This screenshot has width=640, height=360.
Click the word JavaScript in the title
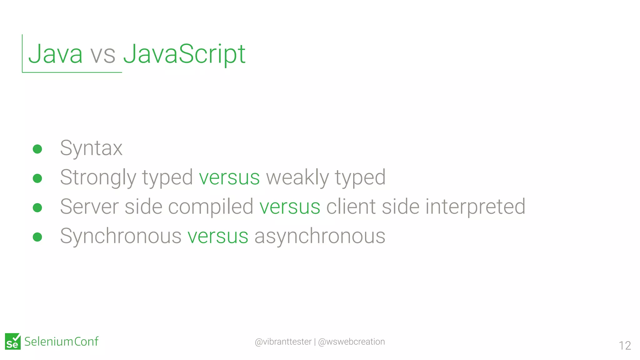coord(184,54)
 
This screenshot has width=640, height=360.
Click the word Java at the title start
coord(56,54)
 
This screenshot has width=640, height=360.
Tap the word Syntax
coord(91,148)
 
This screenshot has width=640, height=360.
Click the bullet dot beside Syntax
coord(37,149)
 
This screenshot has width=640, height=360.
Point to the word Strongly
coord(98,177)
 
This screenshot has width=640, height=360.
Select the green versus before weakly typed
coord(229,177)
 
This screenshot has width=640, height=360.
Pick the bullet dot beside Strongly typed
coord(37,178)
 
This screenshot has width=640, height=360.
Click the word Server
coord(89,207)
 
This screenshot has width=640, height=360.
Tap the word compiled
coord(211,207)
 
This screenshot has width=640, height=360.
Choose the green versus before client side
coord(290,207)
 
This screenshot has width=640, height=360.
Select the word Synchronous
coord(121,236)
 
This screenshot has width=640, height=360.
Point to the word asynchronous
coord(320,236)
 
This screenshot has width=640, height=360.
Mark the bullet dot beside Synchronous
coord(37,237)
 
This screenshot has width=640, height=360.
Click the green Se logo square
coord(13,342)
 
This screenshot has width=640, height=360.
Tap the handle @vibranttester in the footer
coord(283,342)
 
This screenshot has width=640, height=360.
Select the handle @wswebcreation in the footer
coord(351,342)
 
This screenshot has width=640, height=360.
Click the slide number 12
coord(625,346)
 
